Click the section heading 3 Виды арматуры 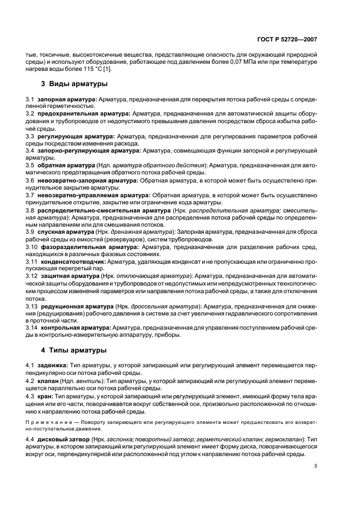pos(74,84)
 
